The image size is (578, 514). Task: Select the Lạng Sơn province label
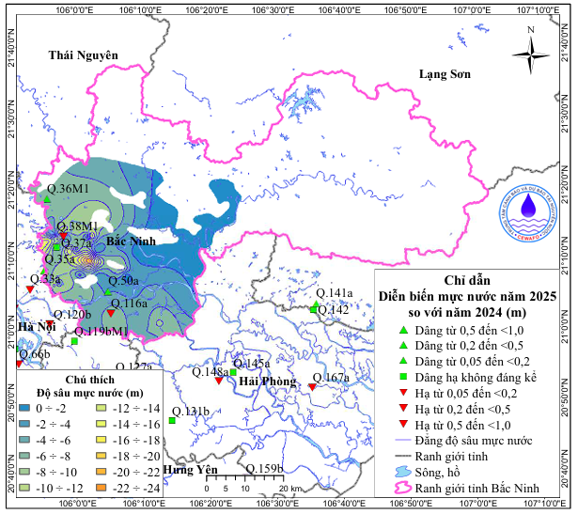[x=445, y=74]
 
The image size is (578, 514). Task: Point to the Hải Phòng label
[x=267, y=381]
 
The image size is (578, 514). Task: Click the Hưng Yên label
[x=184, y=469]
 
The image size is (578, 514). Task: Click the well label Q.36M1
[x=68, y=190]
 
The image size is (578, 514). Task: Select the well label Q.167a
[x=329, y=378]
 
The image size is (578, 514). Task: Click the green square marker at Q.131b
[x=172, y=420]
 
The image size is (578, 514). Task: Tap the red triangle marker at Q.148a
[x=219, y=381]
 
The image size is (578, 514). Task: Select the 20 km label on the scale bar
[x=290, y=490]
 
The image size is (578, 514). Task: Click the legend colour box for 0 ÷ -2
[x=24, y=409]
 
